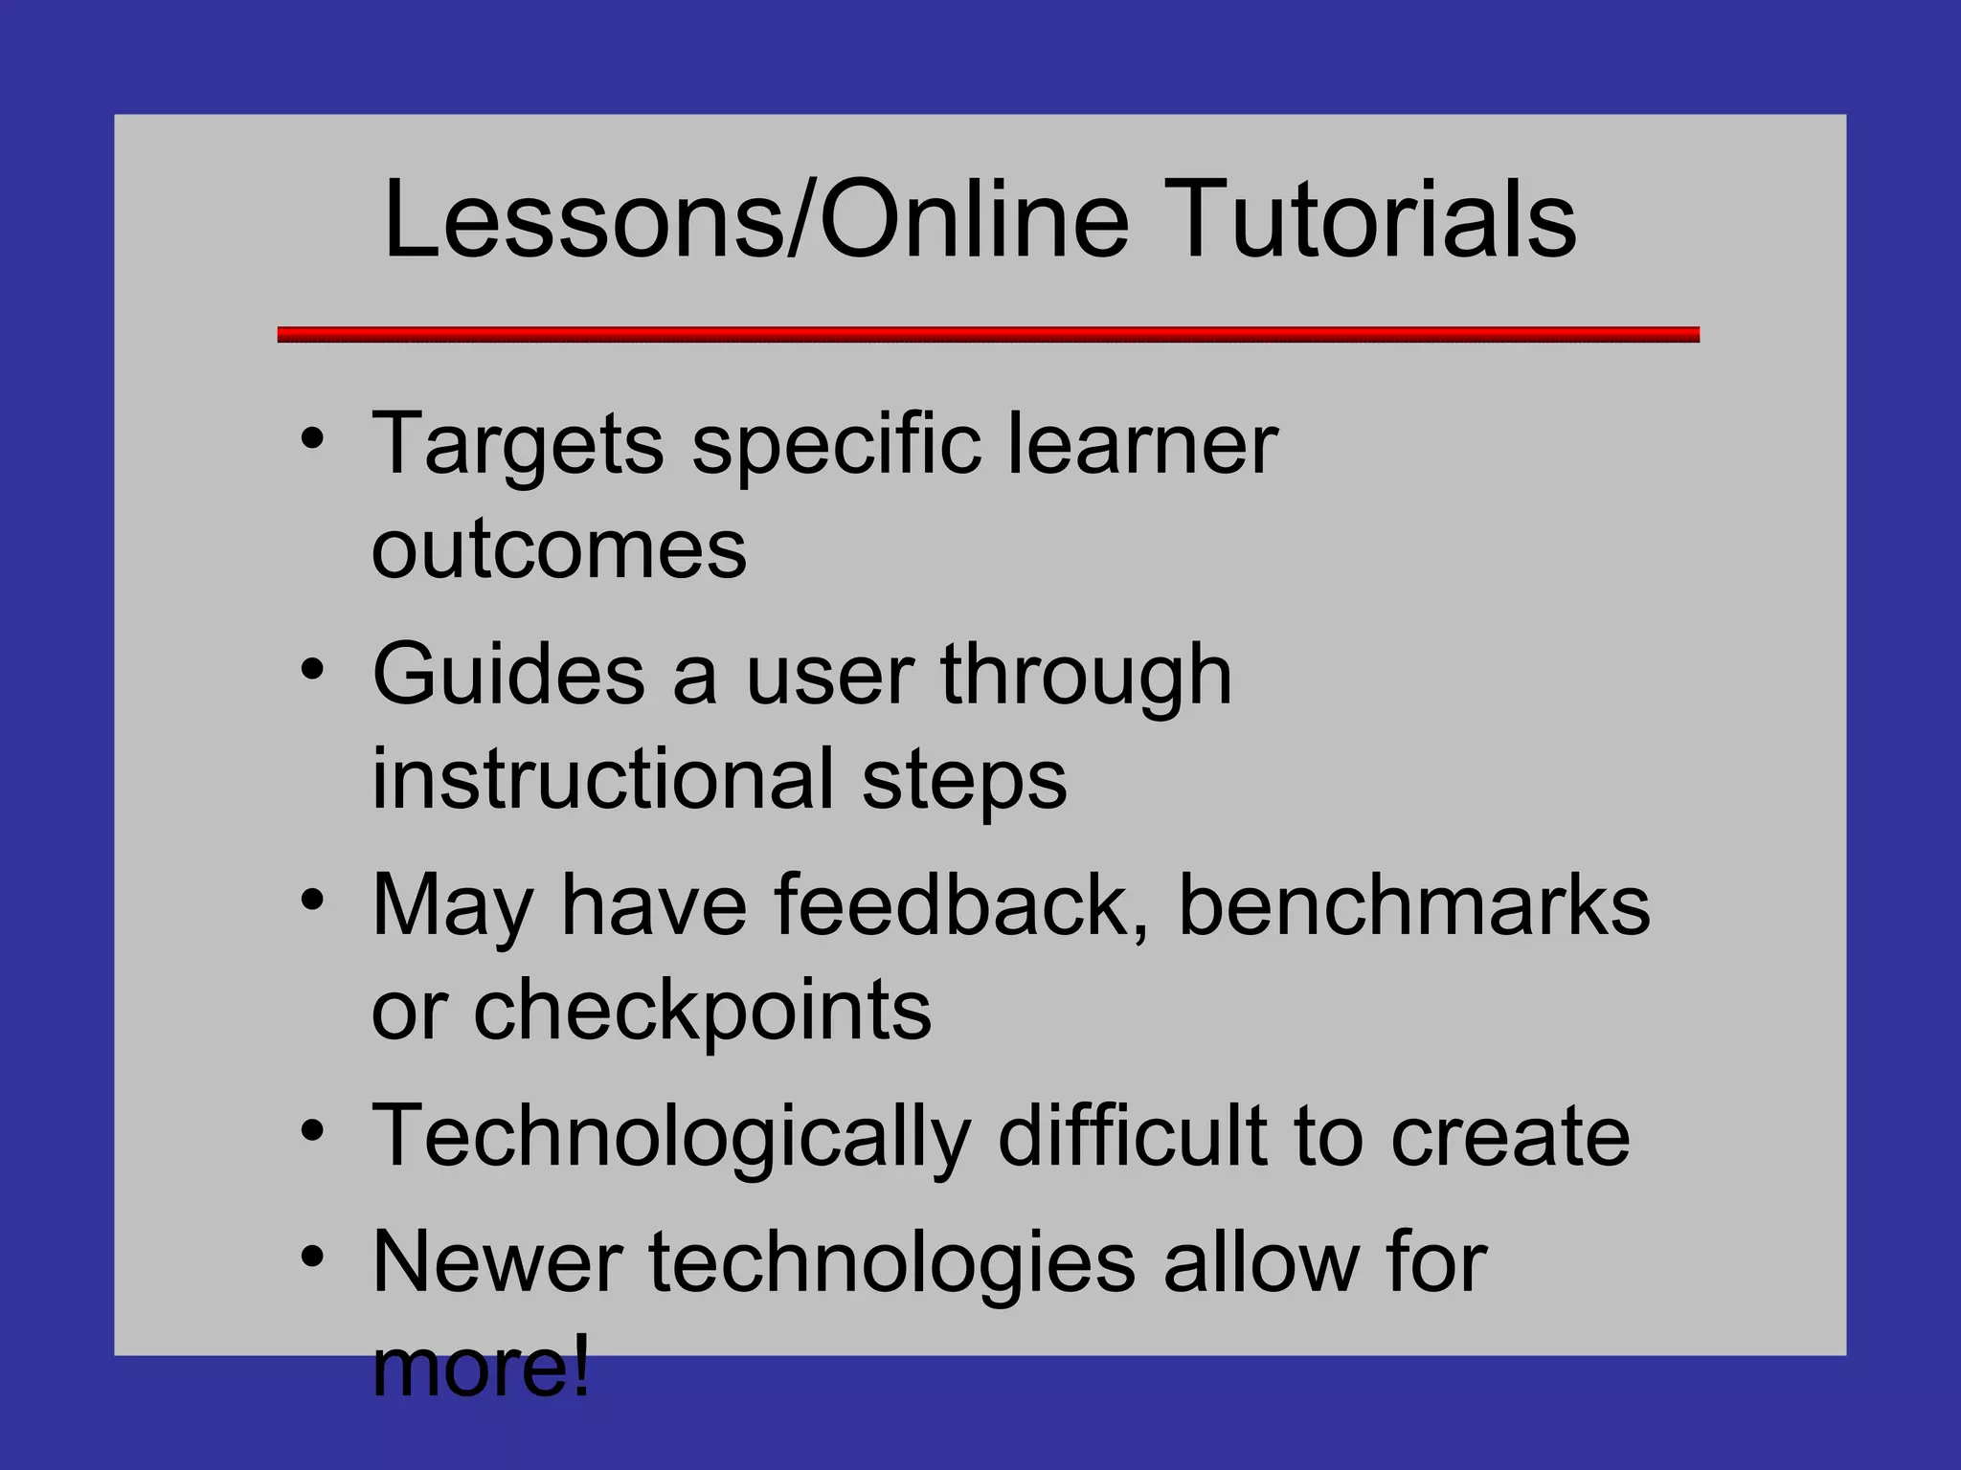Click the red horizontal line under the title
point(988,334)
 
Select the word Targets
point(518,445)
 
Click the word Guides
point(508,675)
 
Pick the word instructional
point(603,779)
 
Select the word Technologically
point(671,1137)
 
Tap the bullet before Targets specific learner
point(312,439)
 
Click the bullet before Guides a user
point(312,669)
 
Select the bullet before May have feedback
point(312,900)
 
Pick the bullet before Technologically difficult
point(312,1130)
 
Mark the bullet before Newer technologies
point(312,1257)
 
